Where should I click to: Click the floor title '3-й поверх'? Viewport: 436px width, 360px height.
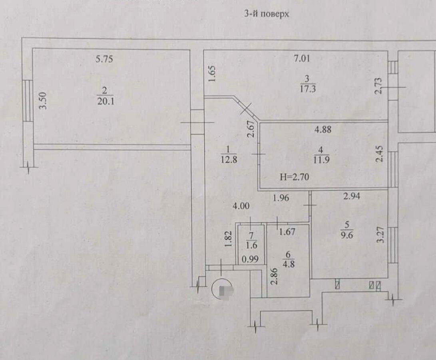pos(267,14)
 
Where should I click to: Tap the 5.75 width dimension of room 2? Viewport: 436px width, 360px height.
pos(104,59)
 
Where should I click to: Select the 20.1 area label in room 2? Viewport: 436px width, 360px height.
pos(106,101)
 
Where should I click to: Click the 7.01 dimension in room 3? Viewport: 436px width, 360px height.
pos(302,59)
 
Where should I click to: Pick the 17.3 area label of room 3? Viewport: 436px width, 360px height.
pos(308,89)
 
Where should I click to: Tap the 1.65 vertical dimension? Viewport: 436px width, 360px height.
pos(212,74)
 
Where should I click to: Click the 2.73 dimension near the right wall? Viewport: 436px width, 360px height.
pos(378,86)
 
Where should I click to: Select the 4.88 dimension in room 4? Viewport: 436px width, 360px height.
pos(323,130)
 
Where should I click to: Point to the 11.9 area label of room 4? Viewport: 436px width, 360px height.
pos(321,160)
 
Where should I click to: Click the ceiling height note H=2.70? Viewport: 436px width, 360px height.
pos(294,177)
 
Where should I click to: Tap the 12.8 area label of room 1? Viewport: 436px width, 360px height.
pos(229,160)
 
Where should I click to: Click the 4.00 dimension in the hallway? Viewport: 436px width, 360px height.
pos(241,206)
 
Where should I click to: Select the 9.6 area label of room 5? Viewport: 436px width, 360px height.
pos(347,235)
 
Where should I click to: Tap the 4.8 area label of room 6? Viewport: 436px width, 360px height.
pos(289,264)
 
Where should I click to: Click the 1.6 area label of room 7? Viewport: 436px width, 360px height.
pos(252,245)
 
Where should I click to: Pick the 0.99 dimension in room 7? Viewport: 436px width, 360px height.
pos(250,260)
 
